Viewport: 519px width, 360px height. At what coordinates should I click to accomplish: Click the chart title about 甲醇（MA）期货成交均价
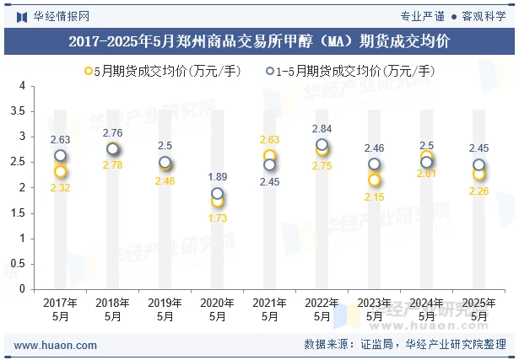(x=259, y=40)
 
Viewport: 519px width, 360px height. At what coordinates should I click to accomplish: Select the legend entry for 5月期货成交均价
(x=160, y=71)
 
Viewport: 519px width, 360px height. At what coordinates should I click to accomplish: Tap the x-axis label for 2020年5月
(x=217, y=309)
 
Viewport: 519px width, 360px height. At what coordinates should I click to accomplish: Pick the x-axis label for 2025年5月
(x=478, y=309)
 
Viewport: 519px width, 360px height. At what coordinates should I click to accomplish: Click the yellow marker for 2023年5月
(x=374, y=180)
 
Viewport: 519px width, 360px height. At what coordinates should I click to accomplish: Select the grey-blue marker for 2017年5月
(x=60, y=156)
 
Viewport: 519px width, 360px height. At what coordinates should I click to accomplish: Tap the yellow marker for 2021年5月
(x=269, y=156)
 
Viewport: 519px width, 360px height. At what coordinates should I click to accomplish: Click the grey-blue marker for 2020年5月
(x=217, y=193)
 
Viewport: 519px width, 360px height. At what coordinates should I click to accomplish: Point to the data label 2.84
(x=322, y=129)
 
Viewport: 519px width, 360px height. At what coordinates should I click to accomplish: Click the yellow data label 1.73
(x=217, y=218)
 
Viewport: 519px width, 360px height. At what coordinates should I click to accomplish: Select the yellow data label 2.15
(x=374, y=196)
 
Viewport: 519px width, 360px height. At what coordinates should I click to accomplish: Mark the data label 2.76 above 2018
(x=112, y=133)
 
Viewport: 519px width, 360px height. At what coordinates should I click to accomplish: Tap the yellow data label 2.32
(x=60, y=188)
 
